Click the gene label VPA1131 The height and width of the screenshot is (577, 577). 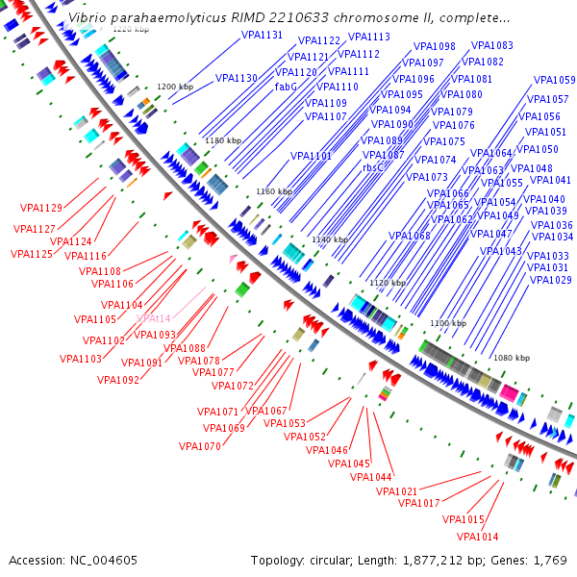click(x=263, y=35)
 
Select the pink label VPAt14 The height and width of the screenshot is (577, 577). click(x=153, y=318)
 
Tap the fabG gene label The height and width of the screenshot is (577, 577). click(x=286, y=87)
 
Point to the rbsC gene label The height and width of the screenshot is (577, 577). click(x=373, y=167)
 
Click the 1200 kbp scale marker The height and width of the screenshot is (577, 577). click(x=175, y=87)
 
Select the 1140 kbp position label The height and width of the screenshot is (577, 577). click(x=330, y=239)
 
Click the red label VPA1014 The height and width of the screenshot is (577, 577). click(x=477, y=537)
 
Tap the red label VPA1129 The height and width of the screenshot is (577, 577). click(x=40, y=208)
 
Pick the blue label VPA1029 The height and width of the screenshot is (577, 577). click(x=550, y=280)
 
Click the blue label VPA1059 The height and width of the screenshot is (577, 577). click(x=554, y=80)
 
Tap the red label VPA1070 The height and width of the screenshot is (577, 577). click(x=199, y=446)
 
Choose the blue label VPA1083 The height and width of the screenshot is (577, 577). click(x=491, y=45)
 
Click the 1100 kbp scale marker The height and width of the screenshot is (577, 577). click(x=447, y=323)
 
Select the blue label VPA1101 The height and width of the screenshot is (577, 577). click(x=312, y=156)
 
